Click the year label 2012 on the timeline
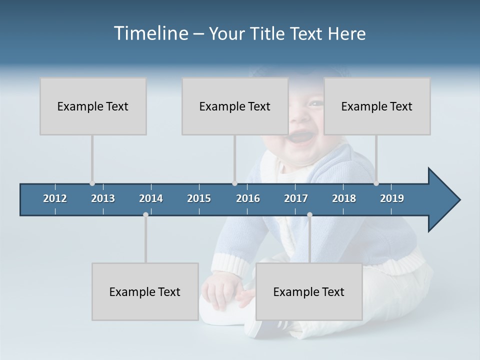[x=55, y=198]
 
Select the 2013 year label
[x=103, y=198]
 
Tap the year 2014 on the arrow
[x=151, y=198]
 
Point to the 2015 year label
[x=199, y=198]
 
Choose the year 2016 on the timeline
[x=248, y=198]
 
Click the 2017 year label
[x=296, y=198]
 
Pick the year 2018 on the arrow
[x=344, y=198]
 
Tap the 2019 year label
[x=392, y=198]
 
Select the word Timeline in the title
[x=150, y=33]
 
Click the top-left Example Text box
[x=93, y=106]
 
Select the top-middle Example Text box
[x=235, y=106]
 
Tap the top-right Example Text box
[x=377, y=106]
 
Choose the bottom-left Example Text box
[x=145, y=291]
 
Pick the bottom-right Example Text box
[x=309, y=291]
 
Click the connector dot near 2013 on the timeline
[x=92, y=183]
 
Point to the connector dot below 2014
[x=145, y=214]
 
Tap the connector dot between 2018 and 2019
[x=376, y=183]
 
